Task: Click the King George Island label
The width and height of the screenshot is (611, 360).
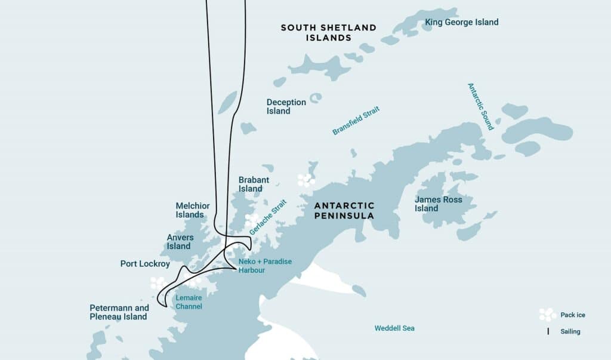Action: pyautogui.click(x=461, y=22)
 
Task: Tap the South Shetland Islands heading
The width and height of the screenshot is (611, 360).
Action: pyautogui.click(x=328, y=32)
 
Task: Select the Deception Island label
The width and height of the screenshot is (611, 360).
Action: pyautogui.click(x=286, y=106)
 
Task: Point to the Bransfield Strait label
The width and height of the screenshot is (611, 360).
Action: pyautogui.click(x=356, y=120)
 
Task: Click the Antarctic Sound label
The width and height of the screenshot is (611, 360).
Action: pyautogui.click(x=480, y=106)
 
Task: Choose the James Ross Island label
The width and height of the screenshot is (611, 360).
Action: pyautogui.click(x=438, y=204)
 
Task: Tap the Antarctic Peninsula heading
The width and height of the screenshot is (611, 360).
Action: pyautogui.click(x=345, y=210)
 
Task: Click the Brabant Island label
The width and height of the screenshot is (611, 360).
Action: pyautogui.click(x=254, y=184)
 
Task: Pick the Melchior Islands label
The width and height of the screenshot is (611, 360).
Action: pyautogui.click(x=192, y=210)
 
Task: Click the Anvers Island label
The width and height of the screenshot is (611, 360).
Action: pyautogui.click(x=180, y=241)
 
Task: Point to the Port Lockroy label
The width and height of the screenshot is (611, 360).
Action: pyautogui.click(x=145, y=263)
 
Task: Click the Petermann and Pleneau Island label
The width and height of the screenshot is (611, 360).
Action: pyautogui.click(x=119, y=312)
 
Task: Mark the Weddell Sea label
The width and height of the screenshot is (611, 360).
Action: pyautogui.click(x=394, y=328)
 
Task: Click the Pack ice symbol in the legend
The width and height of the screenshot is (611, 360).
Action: pyautogui.click(x=548, y=315)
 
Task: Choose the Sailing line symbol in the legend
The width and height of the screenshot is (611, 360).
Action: pyautogui.click(x=548, y=331)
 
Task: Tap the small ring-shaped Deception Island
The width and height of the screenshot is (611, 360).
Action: pyautogui.click(x=315, y=97)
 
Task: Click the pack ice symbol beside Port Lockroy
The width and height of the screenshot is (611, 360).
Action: pyautogui.click(x=159, y=282)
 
